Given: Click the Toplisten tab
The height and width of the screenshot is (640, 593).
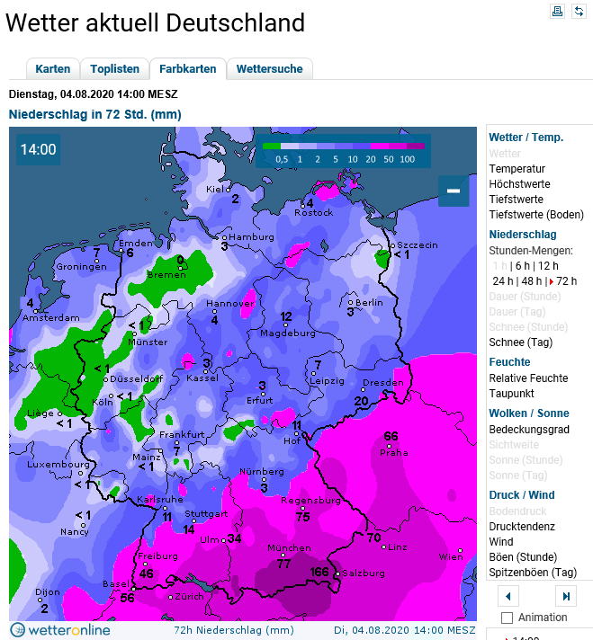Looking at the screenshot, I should point(114,69).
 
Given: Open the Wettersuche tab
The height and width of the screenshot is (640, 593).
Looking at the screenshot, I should point(270,69).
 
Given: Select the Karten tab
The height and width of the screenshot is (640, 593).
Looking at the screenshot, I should point(53,69).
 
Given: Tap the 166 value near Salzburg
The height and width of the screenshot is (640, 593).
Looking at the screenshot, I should point(319,572).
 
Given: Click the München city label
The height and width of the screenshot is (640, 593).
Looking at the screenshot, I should point(290,548).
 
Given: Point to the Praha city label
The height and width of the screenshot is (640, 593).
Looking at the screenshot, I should point(394,452).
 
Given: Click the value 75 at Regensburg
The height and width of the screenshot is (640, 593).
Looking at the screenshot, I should point(303,516).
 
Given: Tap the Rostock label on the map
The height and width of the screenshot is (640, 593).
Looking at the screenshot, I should point(314,213).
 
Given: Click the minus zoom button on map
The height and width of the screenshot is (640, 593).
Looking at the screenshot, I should point(454,191).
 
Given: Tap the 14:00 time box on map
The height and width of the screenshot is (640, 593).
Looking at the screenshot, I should point(39,149).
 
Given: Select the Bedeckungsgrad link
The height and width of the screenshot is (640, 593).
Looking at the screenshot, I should point(529,429).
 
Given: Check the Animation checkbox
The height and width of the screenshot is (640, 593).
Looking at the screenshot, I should point(507,618).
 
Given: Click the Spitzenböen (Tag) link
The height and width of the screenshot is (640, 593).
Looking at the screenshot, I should point(533,572).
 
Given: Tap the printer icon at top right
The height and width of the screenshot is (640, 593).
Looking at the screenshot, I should point(557,11).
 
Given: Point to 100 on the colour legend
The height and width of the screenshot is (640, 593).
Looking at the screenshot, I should point(407,159).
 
